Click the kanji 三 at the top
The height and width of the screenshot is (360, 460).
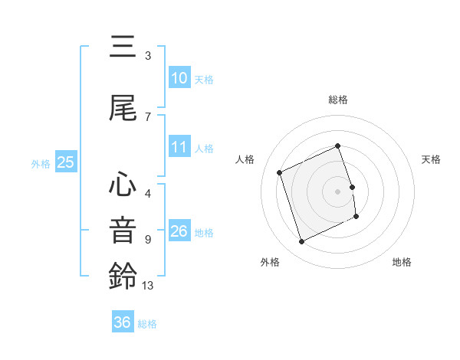123,47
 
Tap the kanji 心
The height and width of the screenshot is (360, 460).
123,186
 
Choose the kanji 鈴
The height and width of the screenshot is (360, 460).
123,277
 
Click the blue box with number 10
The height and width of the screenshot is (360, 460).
179,78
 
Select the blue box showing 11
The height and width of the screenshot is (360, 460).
179,147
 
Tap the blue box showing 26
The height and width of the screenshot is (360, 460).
179,231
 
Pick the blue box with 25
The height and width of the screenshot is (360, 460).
65,162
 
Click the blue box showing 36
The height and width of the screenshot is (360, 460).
123,322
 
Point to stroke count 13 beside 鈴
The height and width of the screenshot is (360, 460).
148,286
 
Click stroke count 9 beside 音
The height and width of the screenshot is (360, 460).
147,240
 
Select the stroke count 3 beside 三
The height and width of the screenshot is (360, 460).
147,56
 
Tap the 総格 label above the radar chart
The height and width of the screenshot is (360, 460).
338,100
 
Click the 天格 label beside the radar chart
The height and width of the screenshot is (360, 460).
432,159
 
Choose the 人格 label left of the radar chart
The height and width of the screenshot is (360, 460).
245,159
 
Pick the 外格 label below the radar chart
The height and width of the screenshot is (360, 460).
270,262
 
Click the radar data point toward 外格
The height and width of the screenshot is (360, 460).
301,242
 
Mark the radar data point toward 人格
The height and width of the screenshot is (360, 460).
280,172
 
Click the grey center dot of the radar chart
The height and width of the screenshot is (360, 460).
338,191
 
